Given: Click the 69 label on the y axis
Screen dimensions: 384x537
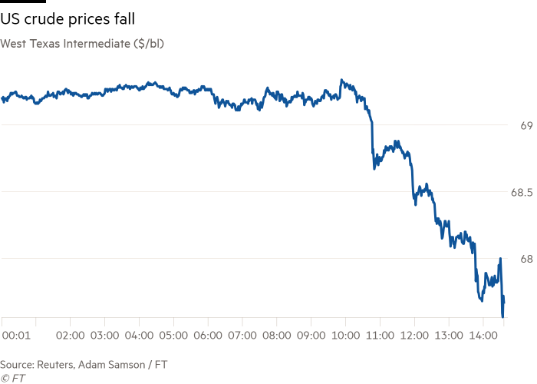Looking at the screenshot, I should click(x=526, y=125).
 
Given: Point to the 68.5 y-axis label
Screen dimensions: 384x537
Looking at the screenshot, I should click(x=522, y=192).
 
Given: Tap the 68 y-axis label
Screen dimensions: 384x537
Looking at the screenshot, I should click(x=526, y=259).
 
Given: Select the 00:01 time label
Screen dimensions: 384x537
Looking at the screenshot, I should click(x=16, y=336).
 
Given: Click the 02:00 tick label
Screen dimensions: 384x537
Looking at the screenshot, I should click(x=71, y=336).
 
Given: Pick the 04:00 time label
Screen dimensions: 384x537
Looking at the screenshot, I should click(x=139, y=336).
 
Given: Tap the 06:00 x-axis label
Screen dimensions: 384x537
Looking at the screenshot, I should click(x=208, y=336).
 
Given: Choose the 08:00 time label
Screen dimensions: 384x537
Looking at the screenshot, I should click(x=276, y=336).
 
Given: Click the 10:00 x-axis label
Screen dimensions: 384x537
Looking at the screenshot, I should click(x=345, y=336).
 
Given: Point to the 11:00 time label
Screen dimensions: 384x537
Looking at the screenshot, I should click(x=380, y=336).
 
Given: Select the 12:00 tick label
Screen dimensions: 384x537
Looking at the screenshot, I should click(x=414, y=336).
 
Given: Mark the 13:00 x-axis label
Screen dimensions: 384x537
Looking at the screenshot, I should click(x=449, y=336).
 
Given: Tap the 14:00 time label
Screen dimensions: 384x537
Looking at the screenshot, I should click(x=483, y=336).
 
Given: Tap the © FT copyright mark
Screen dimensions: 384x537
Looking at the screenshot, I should click(x=13, y=378).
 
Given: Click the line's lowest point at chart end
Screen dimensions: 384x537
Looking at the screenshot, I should click(x=503, y=315).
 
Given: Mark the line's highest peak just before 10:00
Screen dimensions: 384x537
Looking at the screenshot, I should click(x=341, y=79).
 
